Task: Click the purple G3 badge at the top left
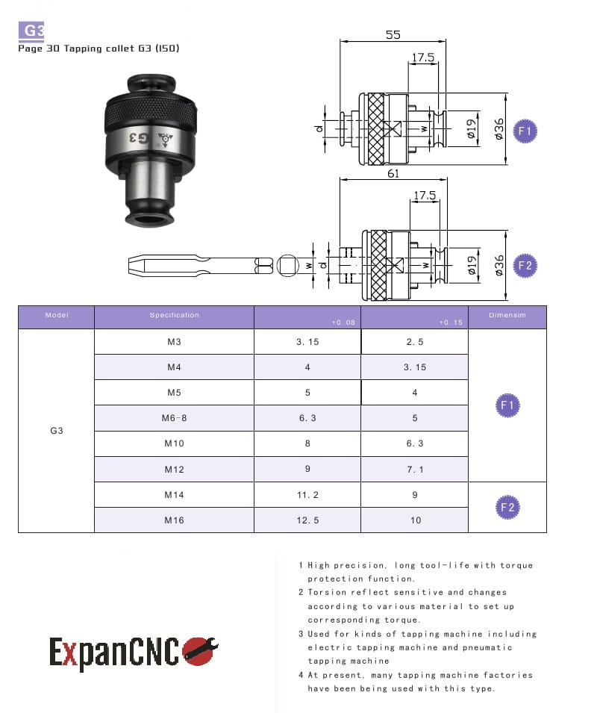[x=31, y=31]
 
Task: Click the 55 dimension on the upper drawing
[x=393, y=35]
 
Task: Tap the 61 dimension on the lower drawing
[x=393, y=173]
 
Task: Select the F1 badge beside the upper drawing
[x=525, y=131]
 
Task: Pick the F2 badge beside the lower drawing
[x=525, y=266]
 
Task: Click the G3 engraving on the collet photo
[x=139, y=138]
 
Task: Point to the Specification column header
[x=175, y=315]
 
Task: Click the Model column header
[x=57, y=315]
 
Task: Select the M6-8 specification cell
[x=174, y=418]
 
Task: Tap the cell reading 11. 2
[x=307, y=495]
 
